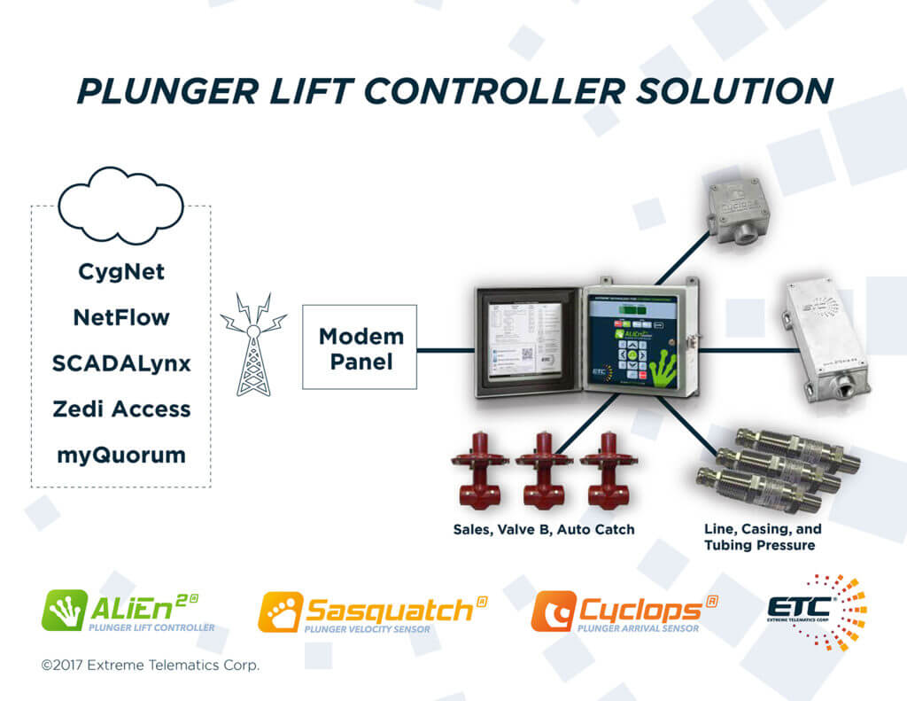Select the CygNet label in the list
120,271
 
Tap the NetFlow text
120,317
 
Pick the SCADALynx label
120,363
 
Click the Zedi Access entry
120,409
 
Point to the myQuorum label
120,456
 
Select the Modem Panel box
360,347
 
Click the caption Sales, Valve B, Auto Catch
543,530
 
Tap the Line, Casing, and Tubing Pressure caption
762,537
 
